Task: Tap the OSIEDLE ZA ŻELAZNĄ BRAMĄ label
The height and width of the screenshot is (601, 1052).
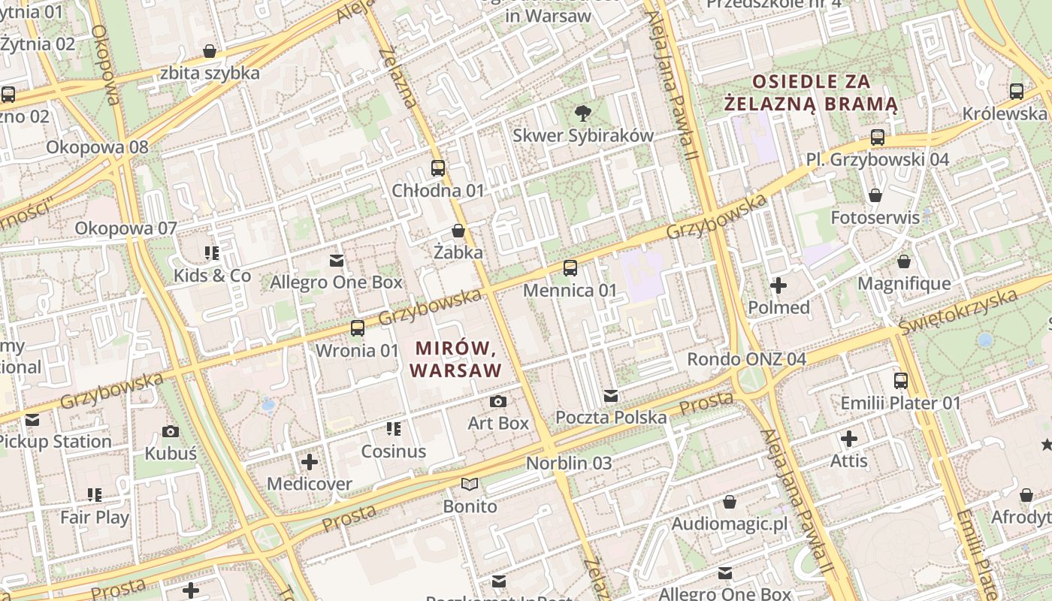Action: (812, 92)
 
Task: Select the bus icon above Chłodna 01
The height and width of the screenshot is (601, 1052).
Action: (438, 168)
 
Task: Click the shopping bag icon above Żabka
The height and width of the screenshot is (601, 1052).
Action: (458, 231)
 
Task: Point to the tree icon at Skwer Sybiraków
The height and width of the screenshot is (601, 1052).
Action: (582, 113)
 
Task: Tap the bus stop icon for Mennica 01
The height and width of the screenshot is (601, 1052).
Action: (570, 267)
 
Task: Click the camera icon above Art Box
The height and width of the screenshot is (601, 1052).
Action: (498, 401)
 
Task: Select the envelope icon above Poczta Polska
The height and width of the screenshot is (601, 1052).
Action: (611, 395)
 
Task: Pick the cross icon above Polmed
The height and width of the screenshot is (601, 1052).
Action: (778, 285)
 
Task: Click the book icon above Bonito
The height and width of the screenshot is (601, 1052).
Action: (470, 485)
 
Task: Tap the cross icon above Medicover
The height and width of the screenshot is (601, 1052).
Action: (310, 462)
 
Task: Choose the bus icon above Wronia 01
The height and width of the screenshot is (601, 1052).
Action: (358, 328)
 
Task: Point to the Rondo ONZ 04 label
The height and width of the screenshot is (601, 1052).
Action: (746, 359)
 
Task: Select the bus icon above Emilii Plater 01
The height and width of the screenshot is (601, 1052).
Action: (900, 381)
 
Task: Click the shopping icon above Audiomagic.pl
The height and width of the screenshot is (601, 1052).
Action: (730, 502)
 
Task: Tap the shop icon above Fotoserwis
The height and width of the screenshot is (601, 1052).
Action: (875, 195)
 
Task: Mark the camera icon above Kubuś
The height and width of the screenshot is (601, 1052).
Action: (171, 431)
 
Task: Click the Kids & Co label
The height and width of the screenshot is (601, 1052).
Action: (212, 276)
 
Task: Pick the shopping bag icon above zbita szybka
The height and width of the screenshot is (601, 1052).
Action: (210, 51)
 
